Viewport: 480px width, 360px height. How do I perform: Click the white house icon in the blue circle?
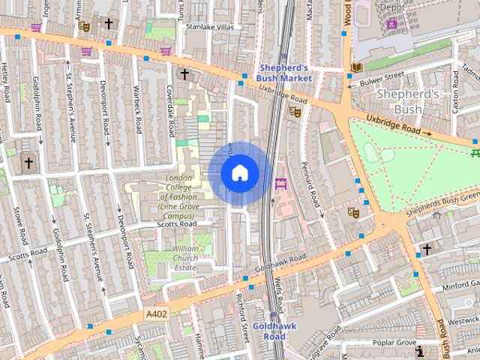click(239, 173)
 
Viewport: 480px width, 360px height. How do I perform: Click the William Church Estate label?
click(184, 257)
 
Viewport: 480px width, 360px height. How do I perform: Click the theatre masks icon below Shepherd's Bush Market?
click(295, 111)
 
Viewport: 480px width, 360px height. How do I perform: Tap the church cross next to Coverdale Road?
click(184, 73)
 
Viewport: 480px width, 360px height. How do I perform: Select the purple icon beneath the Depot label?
click(391, 23)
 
